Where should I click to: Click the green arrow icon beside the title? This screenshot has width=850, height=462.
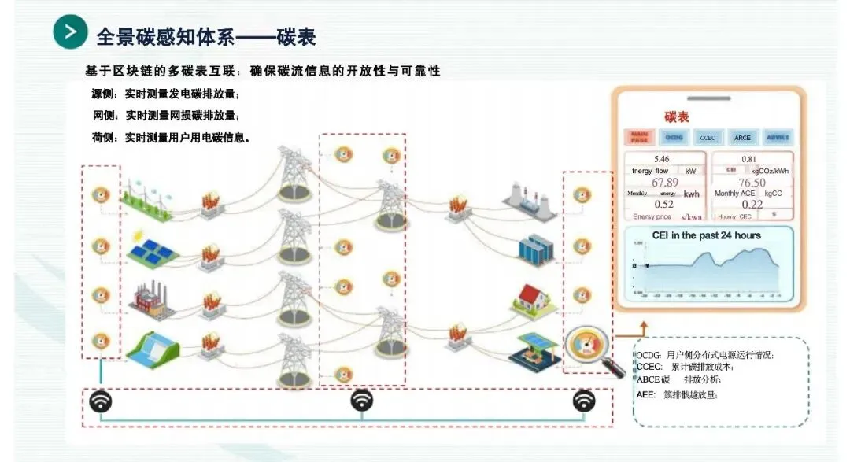point(70,32)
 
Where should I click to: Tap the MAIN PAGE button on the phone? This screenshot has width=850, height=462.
point(638,137)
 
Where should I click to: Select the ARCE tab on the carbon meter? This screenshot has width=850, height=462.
point(742,138)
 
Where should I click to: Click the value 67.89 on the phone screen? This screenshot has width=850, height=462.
point(665,183)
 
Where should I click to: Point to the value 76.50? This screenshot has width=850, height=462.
point(752,183)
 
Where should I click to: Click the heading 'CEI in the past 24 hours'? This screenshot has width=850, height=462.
point(706,235)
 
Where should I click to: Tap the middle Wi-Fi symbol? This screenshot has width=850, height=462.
point(361,401)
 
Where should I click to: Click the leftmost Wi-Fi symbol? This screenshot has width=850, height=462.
point(101,401)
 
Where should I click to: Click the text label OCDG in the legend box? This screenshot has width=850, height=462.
point(649,355)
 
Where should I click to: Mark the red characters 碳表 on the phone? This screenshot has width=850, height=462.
point(677,117)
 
